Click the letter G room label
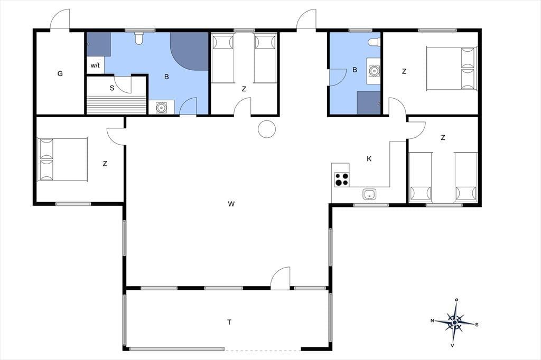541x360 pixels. click(60, 73)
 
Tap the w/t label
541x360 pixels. click(95, 65)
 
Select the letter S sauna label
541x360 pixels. click(112, 88)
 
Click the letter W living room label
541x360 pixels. click(231, 204)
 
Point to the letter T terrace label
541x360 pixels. click(229, 322)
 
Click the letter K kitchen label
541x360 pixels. click(369, 159)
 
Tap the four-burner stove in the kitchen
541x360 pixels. click(342, 179)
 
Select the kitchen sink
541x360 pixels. click(369, 194)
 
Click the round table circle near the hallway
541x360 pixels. click(267, 129)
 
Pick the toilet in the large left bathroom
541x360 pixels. click(139, 39)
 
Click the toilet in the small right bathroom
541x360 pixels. click(374, 42)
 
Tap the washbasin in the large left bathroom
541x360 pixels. click(161, 107)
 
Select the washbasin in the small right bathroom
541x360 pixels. click(374, 71)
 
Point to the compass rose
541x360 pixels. click(455, 323)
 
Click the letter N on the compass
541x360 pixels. click(432, 321)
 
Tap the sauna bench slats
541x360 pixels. click(116, 105)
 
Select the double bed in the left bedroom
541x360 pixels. click(62, 159)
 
